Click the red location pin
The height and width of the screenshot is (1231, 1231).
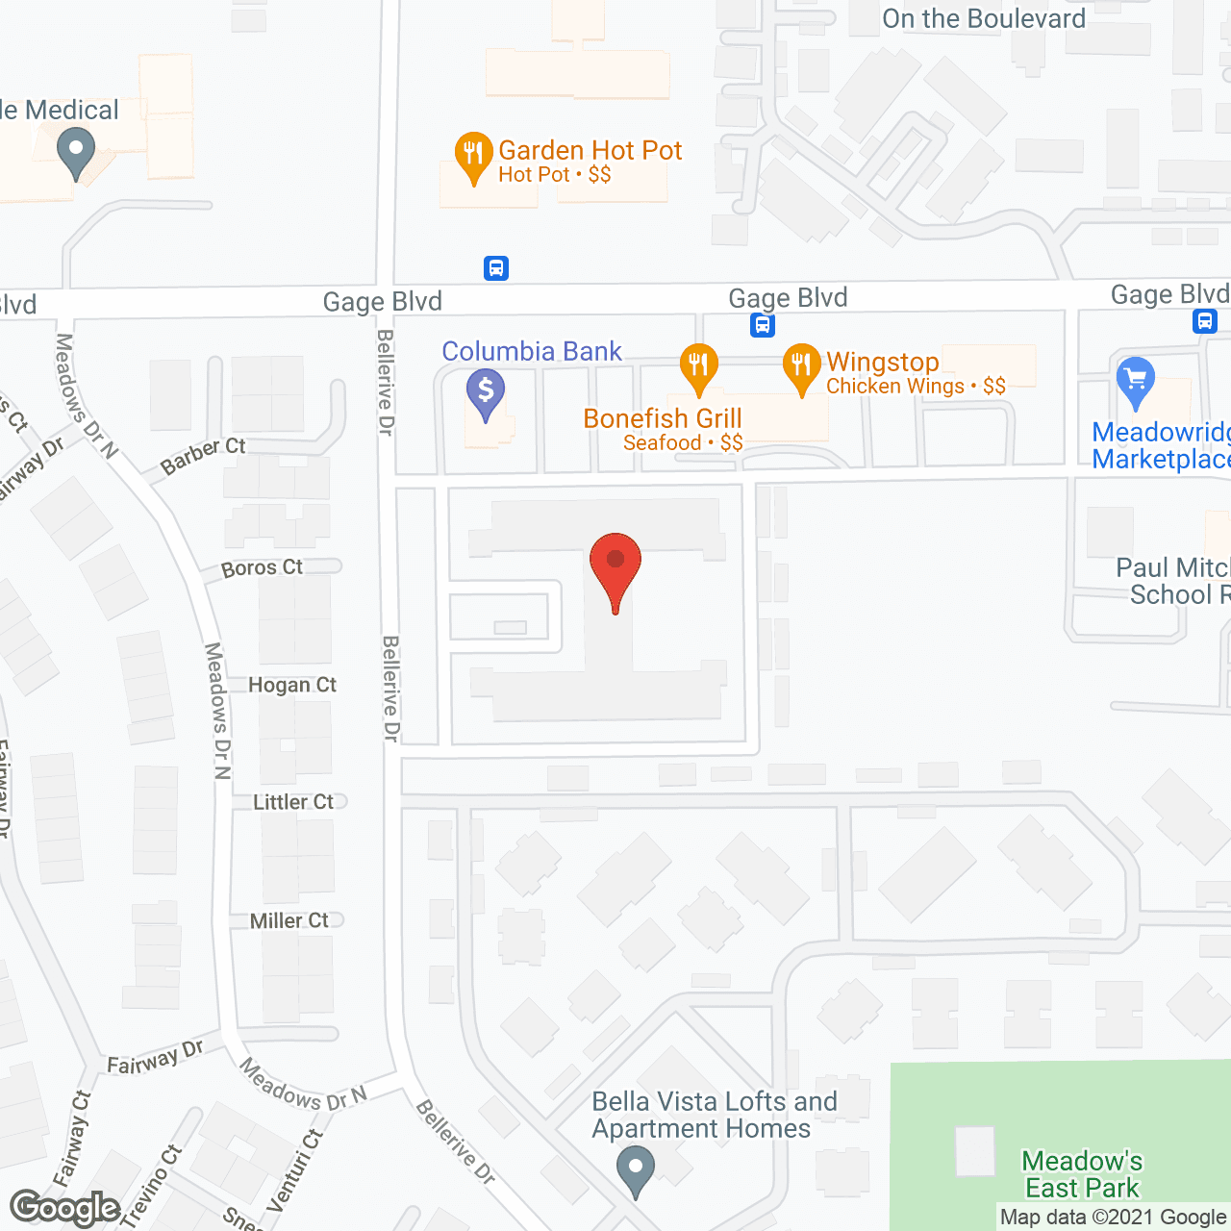point(615,567)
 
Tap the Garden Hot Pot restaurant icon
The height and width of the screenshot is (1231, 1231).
point(473,156)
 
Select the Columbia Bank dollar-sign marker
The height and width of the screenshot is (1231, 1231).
point(486,392)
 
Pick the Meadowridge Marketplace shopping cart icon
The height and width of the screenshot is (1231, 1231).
point(1136,381)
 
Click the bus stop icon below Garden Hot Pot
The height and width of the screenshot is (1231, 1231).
point(496,268)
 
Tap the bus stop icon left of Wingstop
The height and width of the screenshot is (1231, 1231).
point(763,325)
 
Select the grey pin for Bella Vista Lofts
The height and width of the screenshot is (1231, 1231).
point(635,1172)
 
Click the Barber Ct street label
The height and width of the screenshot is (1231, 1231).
point(203,456)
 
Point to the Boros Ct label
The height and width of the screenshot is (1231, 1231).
point(262,568)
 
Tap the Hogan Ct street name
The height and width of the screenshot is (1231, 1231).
point(292,685)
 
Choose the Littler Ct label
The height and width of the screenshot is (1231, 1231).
point(293,802)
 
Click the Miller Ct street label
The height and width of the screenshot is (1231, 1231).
point(289,920)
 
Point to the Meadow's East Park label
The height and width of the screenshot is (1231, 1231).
point(1082,1174)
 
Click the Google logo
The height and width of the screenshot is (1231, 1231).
point(64,1208)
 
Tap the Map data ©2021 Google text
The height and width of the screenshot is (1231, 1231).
point(1113,1218)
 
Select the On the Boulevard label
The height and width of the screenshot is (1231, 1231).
point(984,18)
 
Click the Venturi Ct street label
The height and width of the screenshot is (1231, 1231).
point(296,1170)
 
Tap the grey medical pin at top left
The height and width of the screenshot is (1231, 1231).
point(75,154)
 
